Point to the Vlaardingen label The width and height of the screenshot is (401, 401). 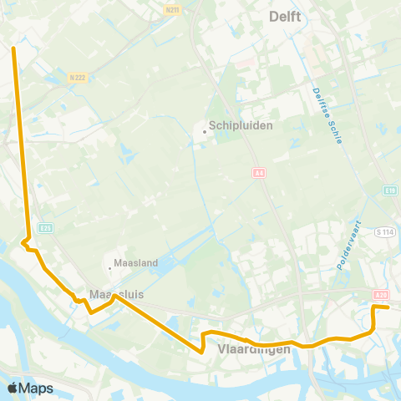click(253, 349)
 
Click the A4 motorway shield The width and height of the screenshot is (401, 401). click(258, 171)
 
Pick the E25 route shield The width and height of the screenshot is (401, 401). click(45, 227)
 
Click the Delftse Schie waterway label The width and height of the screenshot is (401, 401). click(328, 115)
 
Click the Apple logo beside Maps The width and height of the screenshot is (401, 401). click(13, 388)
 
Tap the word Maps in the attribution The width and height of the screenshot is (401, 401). click(36, 388)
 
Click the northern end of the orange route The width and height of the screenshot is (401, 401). click(14, 48)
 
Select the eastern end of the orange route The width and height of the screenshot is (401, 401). click(388, 307)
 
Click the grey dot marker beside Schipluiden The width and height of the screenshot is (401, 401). click(203, 130)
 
